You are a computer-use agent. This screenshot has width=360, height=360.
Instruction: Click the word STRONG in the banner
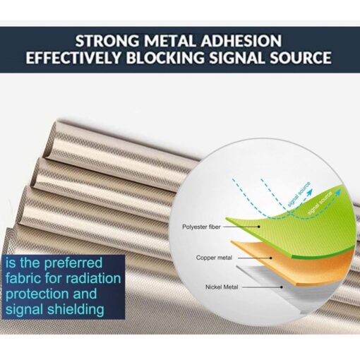click(107, 41)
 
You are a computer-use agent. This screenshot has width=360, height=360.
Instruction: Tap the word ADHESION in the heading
click(241, 41)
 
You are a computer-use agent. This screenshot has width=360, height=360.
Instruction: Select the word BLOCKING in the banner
click(165, 57)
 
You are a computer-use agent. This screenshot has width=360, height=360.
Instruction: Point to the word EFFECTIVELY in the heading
click(73, 57)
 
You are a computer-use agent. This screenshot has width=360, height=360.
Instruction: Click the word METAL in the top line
click(170, 41)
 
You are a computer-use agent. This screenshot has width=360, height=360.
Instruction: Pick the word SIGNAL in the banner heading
click(237, 57)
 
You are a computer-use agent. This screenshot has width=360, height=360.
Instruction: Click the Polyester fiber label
click(201, 227)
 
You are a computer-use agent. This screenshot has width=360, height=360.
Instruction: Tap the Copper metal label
click(214, 258)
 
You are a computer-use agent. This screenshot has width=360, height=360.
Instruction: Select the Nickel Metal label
click(222, 287)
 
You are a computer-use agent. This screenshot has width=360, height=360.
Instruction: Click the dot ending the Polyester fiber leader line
click(259, 227)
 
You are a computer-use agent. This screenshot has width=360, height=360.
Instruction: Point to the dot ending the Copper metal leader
click(271, 258)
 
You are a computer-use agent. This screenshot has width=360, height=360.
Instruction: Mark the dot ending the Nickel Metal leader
click(282, 287)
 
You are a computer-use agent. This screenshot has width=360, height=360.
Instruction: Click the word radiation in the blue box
click(93, 278)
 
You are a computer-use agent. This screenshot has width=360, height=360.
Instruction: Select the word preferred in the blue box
click(73, 263)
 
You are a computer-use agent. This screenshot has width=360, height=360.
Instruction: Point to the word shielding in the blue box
click(76, 310)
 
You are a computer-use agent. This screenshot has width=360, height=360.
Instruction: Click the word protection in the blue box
click(37, 294)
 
